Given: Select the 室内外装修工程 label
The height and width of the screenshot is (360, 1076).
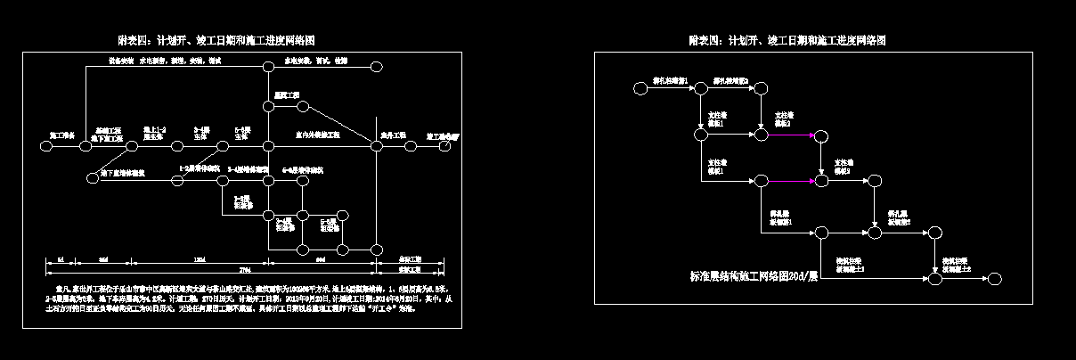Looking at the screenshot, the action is click(317, 135).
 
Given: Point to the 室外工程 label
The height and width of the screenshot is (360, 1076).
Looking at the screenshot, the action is click(393, 135).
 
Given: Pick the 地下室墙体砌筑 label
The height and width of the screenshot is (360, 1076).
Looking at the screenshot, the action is click(123, 171).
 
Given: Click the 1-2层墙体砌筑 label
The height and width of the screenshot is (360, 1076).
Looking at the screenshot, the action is click(200, 168).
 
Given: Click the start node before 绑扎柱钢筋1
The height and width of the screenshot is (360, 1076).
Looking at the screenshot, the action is click(640, 88).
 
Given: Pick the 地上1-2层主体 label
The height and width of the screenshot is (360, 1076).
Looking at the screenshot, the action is click(155, 134).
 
